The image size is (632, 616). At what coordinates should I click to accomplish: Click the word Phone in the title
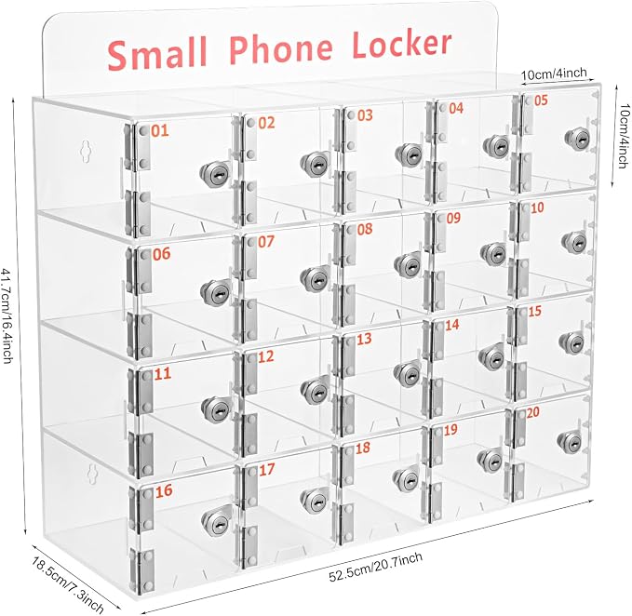pyautogui.click(x=282, y=48)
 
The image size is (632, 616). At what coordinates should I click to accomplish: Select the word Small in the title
pyautogui.click(x=157, y=53)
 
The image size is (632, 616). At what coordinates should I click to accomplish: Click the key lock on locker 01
pyautogui.click(x=215, y=172)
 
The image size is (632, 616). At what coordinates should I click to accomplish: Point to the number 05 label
pyautogui.click(x=541, y=100)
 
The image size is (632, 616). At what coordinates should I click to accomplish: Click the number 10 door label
pyautogui.click(x=537, y=208)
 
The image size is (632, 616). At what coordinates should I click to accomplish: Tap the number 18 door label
pyautogui.click(x=363, y=448)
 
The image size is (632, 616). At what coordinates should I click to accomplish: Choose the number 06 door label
pyautogui.click(x=161, y=254)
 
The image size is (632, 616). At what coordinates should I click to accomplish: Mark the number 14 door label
pyautogui.click(x=451, y=325)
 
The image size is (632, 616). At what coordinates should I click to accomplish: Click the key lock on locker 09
pyautogui.click(x=494, y=254)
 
